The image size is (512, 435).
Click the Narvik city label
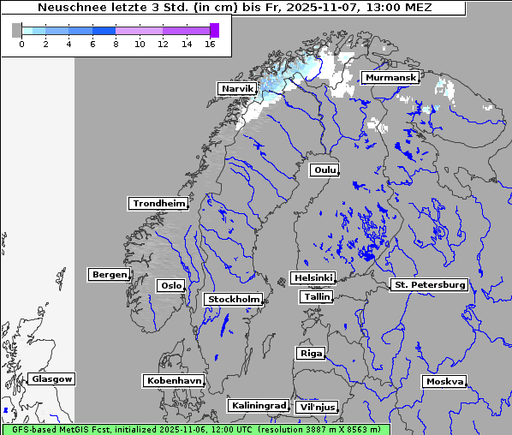[x=237, y=88]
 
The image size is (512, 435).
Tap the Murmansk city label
[x=390, y=78]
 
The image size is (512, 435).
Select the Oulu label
[x=324, y=170]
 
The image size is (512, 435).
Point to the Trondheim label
[x=158, y=203]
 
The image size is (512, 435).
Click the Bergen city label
[x=108, y=275]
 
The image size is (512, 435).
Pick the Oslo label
[x=170, y=285]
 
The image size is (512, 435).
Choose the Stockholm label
[x=234, y=299]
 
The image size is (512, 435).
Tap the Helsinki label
[x=313, y=278]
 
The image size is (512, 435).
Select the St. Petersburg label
[x=428, y=284]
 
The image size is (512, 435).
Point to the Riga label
[x=310, y=353]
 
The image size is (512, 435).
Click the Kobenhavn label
[x=174, y=380]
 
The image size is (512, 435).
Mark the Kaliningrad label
[x=258, y=405]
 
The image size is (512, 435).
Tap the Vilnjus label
[x=316, y=407]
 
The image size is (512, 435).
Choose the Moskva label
[x=444, y=381]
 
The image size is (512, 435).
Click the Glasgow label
[x=51, y=378]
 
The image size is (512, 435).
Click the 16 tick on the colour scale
[x=210, y=43]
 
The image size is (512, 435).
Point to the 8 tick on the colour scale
[x=116, y=43]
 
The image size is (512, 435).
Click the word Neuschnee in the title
[x=68, y=8]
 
